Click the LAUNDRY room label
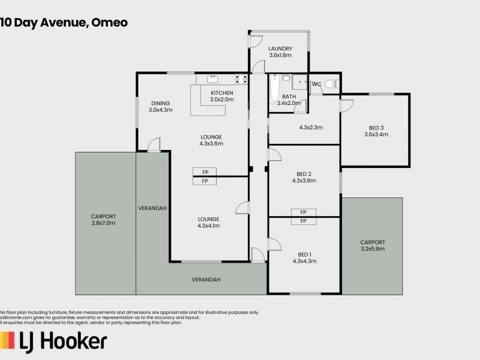click(280, 52)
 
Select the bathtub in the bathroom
click(275, 89)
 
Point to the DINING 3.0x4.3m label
click(160, 106)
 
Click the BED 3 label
click(376, 130)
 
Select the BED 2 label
click(304, 176)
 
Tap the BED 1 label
click(304, 257)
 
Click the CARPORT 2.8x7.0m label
click(103, 220)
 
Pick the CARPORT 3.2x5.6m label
click(372, 245)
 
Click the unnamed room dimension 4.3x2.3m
click(311, 127)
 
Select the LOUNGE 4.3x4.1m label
click(208, 222)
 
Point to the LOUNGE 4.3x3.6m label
click(211, 140)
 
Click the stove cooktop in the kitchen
click(241, 78)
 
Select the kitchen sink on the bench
click(212, 78)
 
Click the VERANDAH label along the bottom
click(206, 280)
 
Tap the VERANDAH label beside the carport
click(152, 208)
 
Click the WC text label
click(316, 84)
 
